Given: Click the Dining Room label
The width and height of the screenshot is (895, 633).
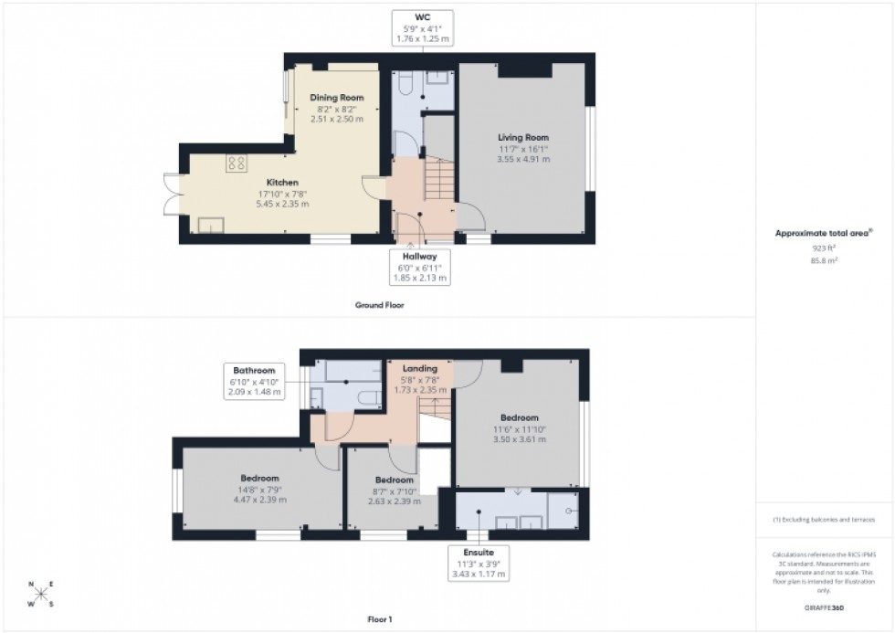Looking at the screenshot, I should tap(336, 98).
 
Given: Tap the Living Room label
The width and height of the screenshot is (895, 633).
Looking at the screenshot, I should tap(523, 137).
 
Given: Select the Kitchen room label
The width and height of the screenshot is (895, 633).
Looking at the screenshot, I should tap(282, 183).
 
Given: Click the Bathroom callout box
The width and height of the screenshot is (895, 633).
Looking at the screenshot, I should tap(255, 381).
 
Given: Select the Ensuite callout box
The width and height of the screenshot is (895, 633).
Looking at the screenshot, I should tap(478, 564).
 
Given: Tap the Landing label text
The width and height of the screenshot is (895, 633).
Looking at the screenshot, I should tap(419, 368).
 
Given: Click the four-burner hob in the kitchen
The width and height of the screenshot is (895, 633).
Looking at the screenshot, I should tap(237, 163).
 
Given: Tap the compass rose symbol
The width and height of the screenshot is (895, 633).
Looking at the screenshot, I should tap(40, 594).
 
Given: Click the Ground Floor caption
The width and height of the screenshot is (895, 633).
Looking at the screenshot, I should tap(379, 305).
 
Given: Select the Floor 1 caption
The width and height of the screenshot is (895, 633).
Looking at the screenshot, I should tap(378, 619).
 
